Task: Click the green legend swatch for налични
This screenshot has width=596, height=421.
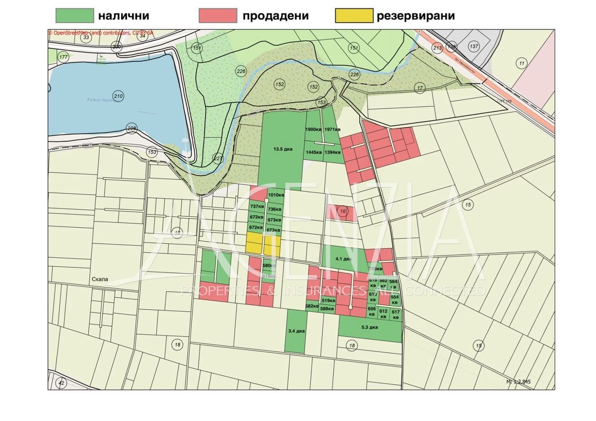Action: click(75, 16)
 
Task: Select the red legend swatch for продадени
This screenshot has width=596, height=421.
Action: click(218, 16)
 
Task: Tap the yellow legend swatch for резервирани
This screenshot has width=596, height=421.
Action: click(354, 16)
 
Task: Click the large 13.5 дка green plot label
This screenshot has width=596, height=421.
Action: click(283, 149)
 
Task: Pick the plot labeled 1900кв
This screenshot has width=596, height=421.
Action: click(313, 129)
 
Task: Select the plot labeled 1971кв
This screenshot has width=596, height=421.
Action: click(333, 129)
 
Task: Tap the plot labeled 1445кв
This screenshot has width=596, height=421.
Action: click(314, 152)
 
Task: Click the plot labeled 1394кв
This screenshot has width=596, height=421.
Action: click(333, 152)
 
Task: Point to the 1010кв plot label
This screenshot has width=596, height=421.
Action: click(276, 195)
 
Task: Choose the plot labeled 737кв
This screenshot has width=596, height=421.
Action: click(257, 206)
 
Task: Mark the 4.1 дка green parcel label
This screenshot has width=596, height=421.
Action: click(343, 258)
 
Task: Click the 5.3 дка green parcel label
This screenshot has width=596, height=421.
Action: click(369, 327)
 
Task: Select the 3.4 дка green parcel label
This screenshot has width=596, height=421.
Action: click(296, 331)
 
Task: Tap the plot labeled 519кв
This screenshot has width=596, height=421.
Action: click(329, 301)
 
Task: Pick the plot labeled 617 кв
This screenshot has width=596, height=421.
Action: click(396, 314)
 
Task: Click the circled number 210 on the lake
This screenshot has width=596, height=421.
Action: click(118, 96)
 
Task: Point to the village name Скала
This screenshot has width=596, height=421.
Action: click(100, 279)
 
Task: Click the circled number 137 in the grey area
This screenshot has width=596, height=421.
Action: click(474, 46)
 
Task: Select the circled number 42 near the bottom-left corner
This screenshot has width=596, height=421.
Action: click(61, 383)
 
